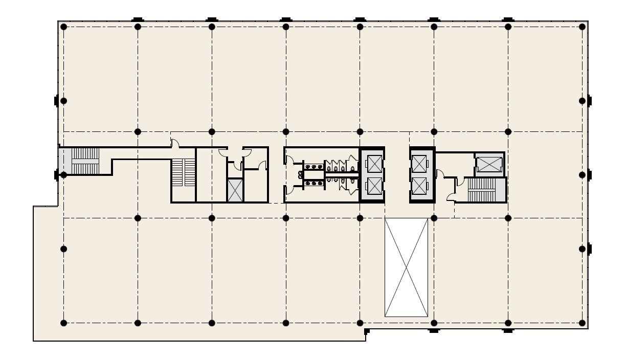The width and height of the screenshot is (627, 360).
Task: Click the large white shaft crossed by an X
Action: [406, 267]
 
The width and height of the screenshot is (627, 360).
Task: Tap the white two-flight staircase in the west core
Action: [183, 173]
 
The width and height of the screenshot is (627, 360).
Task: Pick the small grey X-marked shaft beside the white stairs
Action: [235, 190]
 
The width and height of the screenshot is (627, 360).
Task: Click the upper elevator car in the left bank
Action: [374, 164]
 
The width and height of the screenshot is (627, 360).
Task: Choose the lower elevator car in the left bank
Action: [374, 188]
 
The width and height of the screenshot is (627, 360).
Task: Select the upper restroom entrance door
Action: [289, 162]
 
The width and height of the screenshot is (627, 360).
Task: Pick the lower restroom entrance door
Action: [289, 190]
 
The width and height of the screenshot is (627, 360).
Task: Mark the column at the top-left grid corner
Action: [63, 27]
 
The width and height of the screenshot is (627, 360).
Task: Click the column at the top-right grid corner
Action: [582, 27]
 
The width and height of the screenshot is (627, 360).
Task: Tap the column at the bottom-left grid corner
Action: [63, 322]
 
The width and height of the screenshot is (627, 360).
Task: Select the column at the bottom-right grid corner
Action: [582, 322]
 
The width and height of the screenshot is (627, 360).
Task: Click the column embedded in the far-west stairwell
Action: [63, 174]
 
